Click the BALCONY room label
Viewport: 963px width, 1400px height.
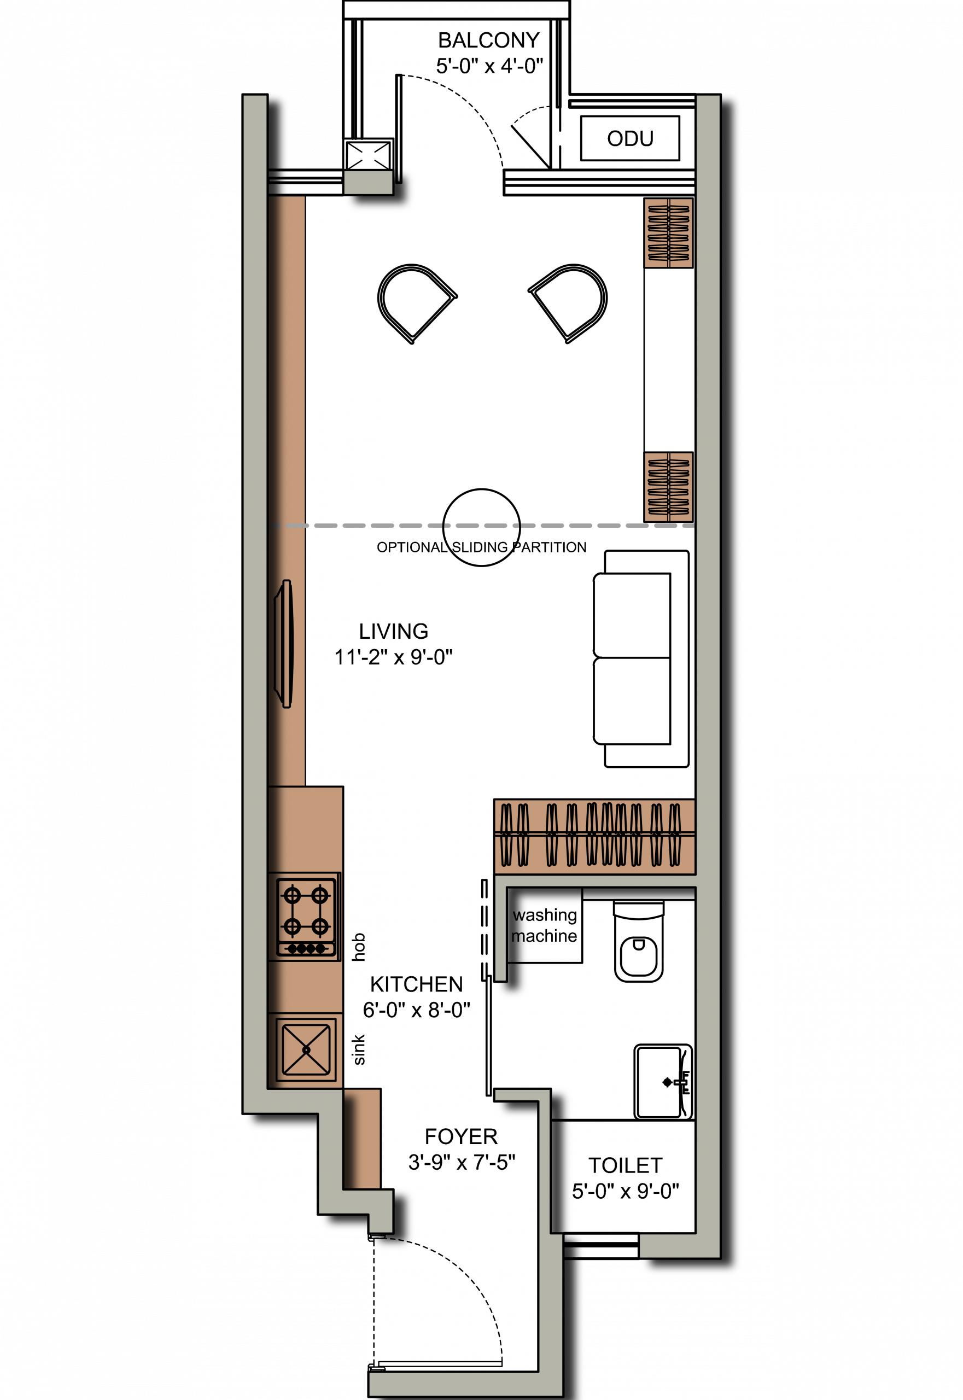click(489, 40)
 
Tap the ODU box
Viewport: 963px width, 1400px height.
click(630, 138)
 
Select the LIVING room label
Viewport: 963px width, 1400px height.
click(393, 631)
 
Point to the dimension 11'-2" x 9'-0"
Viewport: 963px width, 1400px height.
click(393, 657)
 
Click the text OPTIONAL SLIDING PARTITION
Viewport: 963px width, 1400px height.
click(481, 547)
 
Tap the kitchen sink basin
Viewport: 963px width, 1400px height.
click(306, 1051)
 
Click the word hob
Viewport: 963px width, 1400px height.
click(358, 947)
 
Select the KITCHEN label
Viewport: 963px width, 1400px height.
click(416, 984)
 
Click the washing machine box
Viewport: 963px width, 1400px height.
click(544, 925)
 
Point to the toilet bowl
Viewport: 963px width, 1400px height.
click(638, 941)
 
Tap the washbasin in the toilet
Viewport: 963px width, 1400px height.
click(663, 1082)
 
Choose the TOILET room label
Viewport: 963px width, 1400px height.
click(626, 1165)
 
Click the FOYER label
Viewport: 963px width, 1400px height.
click(461, 1136)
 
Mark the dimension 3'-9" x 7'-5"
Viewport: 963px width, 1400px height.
click(462, 1162)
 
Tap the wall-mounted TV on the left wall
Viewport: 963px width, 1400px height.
click(284, 644)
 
